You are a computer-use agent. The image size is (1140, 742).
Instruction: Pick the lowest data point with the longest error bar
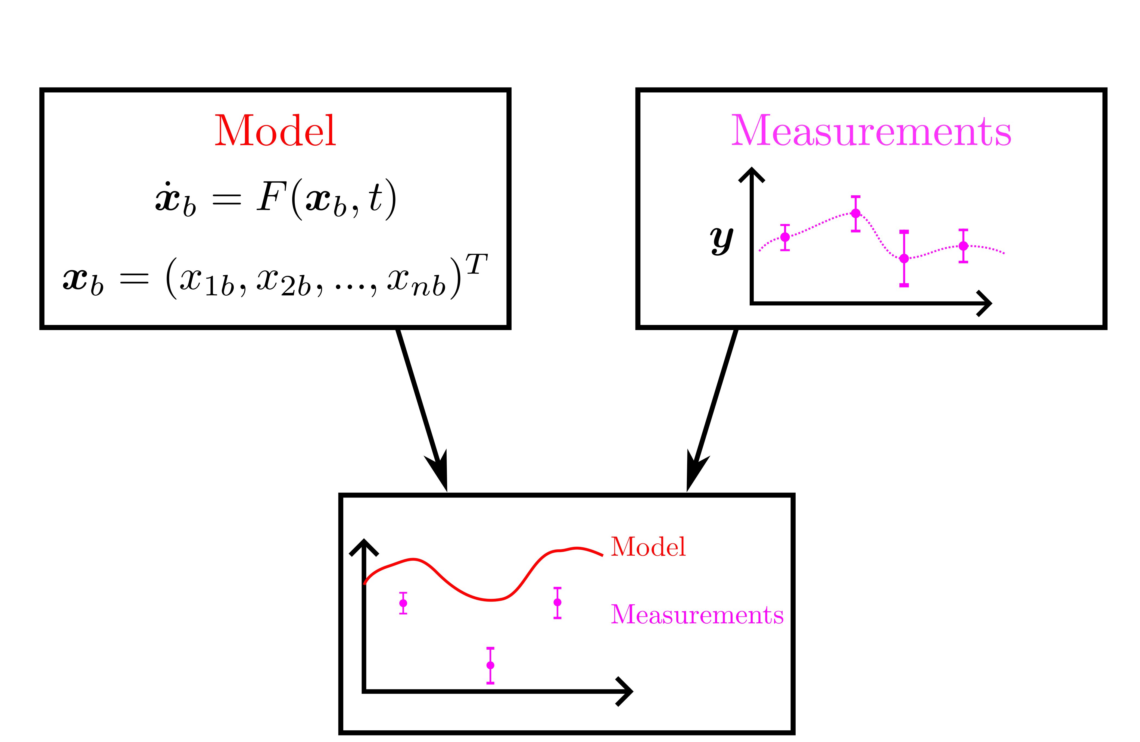(904, 258)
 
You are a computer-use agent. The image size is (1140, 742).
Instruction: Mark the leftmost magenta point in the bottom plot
(403, 603)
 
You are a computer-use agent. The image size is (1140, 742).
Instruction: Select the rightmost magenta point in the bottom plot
(557, 602)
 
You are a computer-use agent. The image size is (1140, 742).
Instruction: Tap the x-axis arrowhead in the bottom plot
(627, 691)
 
